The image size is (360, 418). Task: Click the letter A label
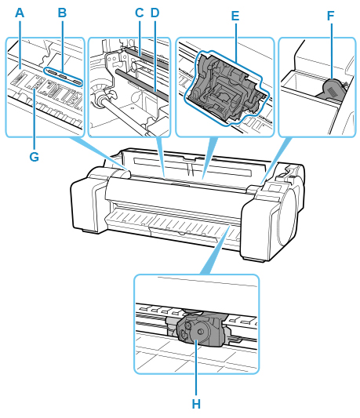click(20, 13)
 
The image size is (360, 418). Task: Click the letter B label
click(62, 13)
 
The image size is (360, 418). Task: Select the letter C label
click(139, 13)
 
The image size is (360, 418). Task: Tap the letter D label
click(155, 13)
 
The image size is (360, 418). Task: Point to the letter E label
click(235, 16)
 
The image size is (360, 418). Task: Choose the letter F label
click(331, 16)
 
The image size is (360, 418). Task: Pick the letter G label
click(35, 157)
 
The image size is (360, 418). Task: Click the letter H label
click(196, 404)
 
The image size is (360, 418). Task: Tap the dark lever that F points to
click(332, 90)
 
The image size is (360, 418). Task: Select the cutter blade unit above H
click(201, 329)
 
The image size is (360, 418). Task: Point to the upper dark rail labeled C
click(145, 56)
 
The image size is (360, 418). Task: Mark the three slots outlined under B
click(63, 77)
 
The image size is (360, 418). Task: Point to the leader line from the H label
click(196, 367)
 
